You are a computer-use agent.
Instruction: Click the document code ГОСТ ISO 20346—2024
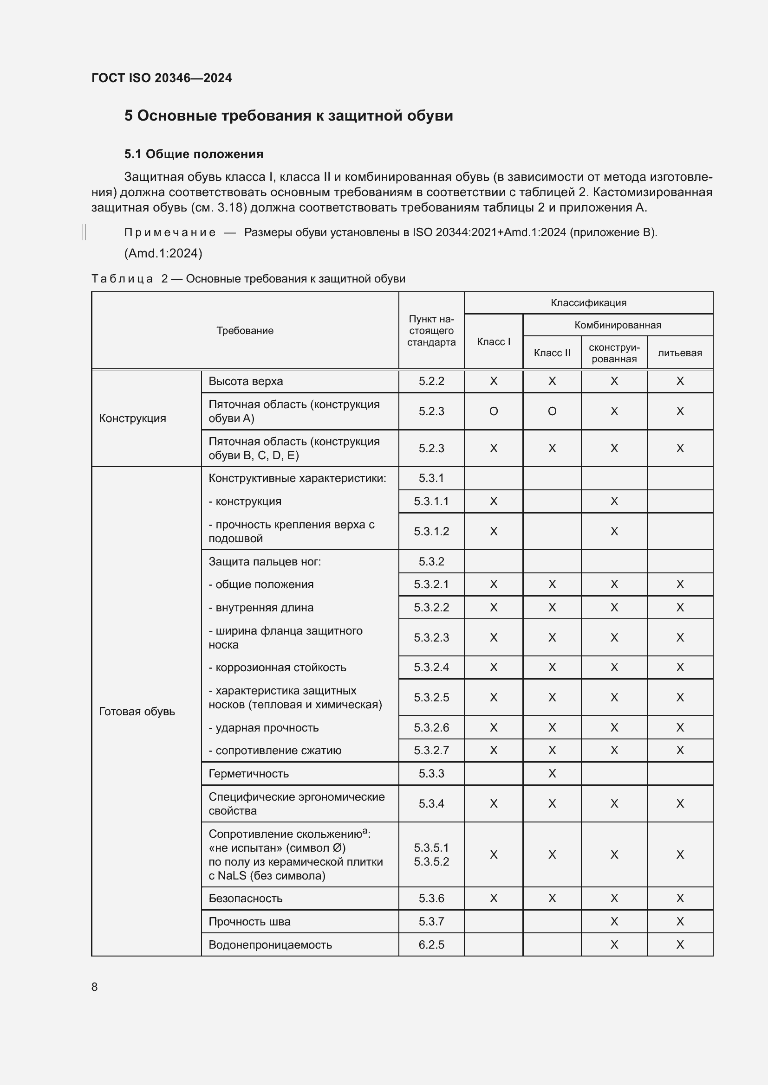[161, 78]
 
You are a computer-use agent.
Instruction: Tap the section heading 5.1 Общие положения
[194, 154]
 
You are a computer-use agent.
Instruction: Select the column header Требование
[245, 330]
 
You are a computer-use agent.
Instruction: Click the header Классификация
[588, 303]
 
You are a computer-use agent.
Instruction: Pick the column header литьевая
[680, 353]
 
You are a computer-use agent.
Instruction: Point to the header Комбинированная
[618, 325]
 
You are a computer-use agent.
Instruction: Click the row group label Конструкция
[132, 418]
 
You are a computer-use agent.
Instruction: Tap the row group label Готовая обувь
[137, 711]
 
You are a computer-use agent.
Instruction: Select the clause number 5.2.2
[431, 381]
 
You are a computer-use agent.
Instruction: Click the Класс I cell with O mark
[493, 411]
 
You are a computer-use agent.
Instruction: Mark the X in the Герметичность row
[552, 774]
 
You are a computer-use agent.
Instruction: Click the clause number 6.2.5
[431, 944]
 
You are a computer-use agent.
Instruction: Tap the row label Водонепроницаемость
[270, 944]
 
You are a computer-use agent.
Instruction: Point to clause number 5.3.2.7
[431, 751]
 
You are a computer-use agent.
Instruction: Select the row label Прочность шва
[249, 921]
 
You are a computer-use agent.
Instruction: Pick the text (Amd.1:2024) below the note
[163, 253]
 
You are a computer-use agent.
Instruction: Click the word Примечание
[170, 232]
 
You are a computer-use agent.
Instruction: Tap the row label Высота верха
[246, 381]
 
